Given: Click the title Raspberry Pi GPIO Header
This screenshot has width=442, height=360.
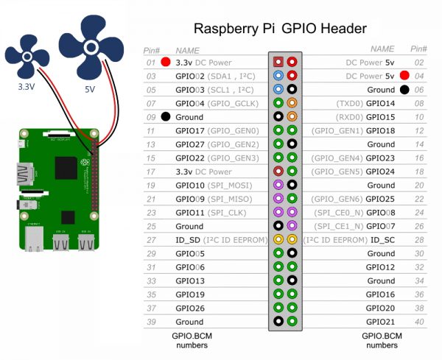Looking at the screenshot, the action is (x=280, y=29).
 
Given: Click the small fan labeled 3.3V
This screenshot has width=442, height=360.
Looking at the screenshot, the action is (x=27, y=57).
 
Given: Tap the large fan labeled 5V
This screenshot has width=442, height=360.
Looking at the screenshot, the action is (x=91, y=47).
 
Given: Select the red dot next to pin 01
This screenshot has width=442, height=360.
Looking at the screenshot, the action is (x=166, y=62).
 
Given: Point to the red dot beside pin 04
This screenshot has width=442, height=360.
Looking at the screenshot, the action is (x=404, y=76).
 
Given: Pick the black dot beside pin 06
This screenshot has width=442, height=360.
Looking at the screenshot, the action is (x=404, y=90).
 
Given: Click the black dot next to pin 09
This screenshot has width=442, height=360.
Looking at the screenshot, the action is (x=166, y=116).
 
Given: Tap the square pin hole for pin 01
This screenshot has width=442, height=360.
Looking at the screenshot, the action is (x=278, y=62).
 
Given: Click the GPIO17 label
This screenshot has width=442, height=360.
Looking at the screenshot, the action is (x=189, y=131).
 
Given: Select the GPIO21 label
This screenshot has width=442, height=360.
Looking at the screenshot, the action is (x=380, y=322).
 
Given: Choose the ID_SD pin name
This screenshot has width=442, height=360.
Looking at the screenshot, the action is (x=188, y=240).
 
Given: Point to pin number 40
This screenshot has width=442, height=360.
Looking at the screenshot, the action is (x=419, y=322).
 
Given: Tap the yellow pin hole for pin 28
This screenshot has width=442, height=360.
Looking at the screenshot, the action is (x=292, y=239).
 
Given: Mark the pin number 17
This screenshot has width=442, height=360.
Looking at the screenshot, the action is (x=151, y=172).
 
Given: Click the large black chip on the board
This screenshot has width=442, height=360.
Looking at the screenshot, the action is (x=66, y=168).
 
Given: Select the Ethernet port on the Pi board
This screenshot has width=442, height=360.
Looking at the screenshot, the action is (x=34, y=238).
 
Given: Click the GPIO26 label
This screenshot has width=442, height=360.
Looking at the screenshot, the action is (x=189, y=308).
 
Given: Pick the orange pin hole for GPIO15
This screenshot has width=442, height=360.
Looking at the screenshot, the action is (x=292, y=116).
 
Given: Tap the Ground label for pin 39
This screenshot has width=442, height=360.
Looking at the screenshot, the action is (x=189, y=322).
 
